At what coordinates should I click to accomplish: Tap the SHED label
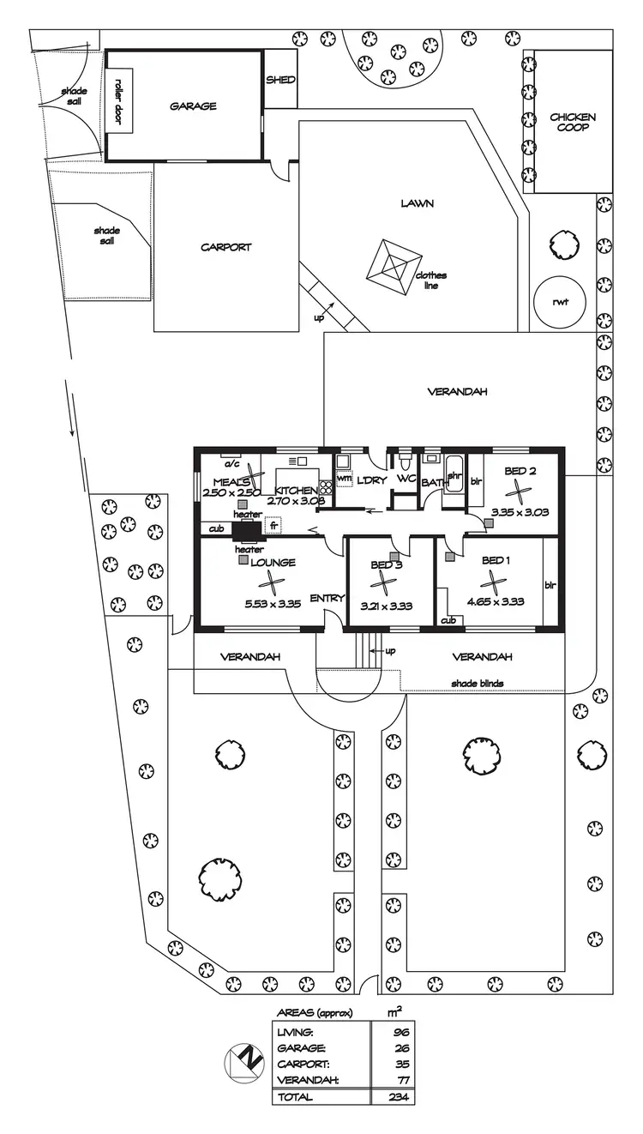tap(280, 80)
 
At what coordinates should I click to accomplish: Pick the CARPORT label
tap(226, 247)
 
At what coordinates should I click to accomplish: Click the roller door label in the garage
tap(118, 102)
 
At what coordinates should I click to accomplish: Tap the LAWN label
tap(417, 203)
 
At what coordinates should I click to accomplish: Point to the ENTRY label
tap(327, 598)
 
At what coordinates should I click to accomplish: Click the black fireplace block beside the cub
tap(249, 529)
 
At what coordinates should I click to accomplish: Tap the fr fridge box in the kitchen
tap(275, 524)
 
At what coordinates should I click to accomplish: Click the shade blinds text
tap(478, 683)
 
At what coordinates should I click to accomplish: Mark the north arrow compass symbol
tap(243, 1062)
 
